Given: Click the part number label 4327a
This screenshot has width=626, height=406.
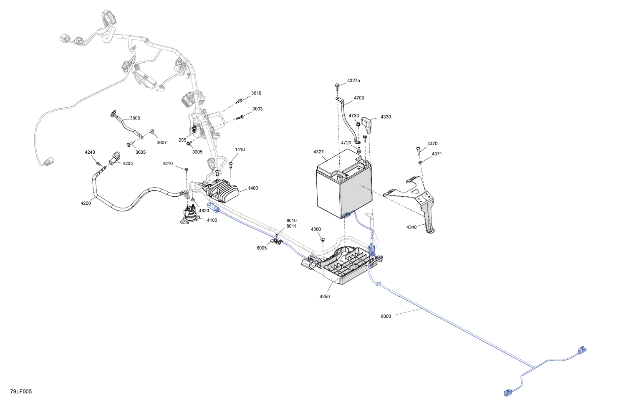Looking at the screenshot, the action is [353, 81].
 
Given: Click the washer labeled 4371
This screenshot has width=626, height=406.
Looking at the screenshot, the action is [420, 162].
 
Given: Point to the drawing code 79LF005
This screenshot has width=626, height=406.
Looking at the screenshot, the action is [21, 391].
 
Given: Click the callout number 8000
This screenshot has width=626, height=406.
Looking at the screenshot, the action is [386, 316].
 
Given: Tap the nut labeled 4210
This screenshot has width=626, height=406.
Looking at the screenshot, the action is [187, 170].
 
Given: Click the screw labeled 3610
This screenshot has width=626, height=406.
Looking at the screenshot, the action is [239, 101].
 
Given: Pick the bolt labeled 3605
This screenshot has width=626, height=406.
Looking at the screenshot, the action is [129, 144].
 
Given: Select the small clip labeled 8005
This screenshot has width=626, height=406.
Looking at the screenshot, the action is [276, 241].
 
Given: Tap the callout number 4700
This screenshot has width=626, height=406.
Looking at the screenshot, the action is [359, 98].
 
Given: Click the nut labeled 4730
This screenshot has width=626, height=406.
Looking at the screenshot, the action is [358, 123].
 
